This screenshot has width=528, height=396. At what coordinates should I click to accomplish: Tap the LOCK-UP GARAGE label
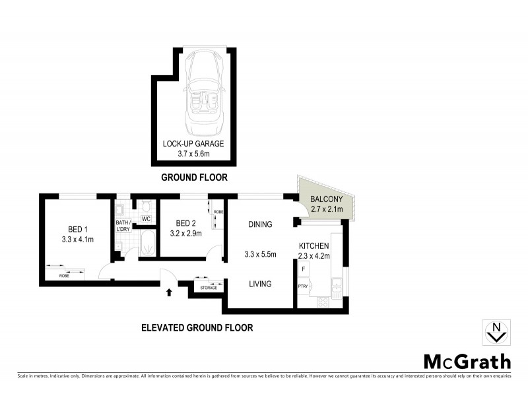[x=194, y=144]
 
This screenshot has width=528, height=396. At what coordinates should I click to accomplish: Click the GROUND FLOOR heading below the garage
[x=194, y=178]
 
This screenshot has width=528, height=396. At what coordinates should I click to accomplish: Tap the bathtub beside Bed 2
[x=147, y=242]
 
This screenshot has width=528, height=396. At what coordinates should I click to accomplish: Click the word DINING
[x=259, y=224]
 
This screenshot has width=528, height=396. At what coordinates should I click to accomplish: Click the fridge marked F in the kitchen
[x=304, y=269]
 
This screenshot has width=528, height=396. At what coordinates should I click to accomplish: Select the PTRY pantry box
[x=304, y=286]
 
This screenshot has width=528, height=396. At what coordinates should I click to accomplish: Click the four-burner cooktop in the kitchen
[x=324, y=302]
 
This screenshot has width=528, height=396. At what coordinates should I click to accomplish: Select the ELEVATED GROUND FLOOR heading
[x=197, y=327]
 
